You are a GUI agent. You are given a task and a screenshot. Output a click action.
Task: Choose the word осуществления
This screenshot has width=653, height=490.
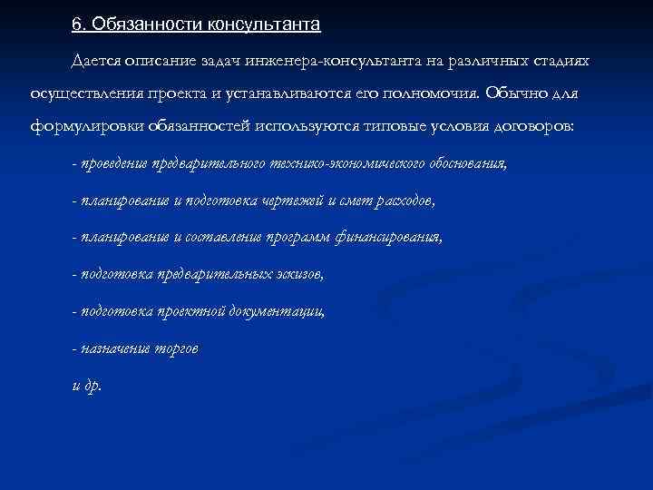(x=80, y=93)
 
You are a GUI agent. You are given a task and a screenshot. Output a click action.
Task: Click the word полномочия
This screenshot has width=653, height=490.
(x=424, y=93)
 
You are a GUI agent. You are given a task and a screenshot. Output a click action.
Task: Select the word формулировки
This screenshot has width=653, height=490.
(x=83, y=127)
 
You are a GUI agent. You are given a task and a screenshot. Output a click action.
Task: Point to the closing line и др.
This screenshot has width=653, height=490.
(x=87, y=385)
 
